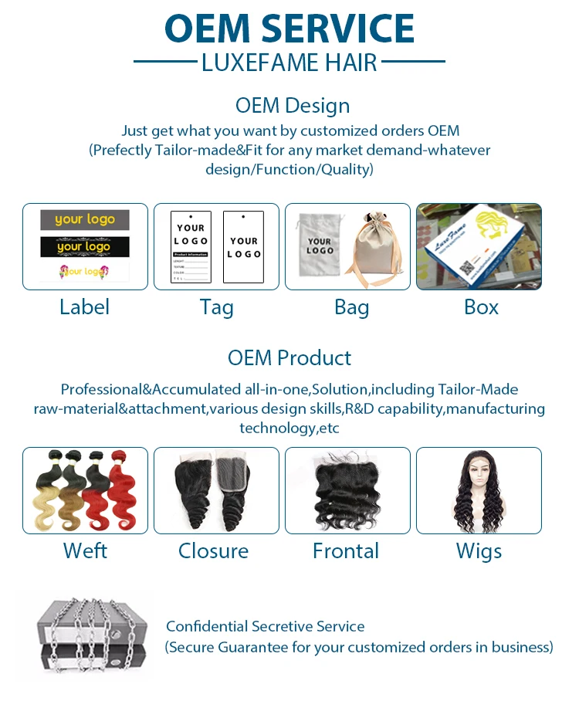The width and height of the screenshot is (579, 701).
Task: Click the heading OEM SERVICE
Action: coord(289,29)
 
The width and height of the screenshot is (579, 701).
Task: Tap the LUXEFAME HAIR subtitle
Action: coord(289,62)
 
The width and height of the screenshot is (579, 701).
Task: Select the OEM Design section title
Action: coord(293,106)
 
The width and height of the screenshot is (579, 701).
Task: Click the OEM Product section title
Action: coord(289,358)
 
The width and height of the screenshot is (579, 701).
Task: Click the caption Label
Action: coord(85,307)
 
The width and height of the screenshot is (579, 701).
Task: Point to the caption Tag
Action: coord(216,307)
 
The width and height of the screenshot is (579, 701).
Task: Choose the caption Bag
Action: coord(351,307)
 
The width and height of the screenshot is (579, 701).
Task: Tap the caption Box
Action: coord(481,307)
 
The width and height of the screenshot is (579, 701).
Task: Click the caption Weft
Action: coord(85,551)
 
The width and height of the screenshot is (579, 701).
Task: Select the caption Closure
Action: coord(213,551)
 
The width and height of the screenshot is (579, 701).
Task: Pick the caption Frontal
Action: coord(346,551)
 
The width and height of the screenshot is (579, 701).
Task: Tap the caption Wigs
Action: coord(479,551)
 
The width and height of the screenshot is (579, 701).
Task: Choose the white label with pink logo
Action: coord(85,272)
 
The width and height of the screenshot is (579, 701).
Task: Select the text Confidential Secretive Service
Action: coord(266,627)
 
